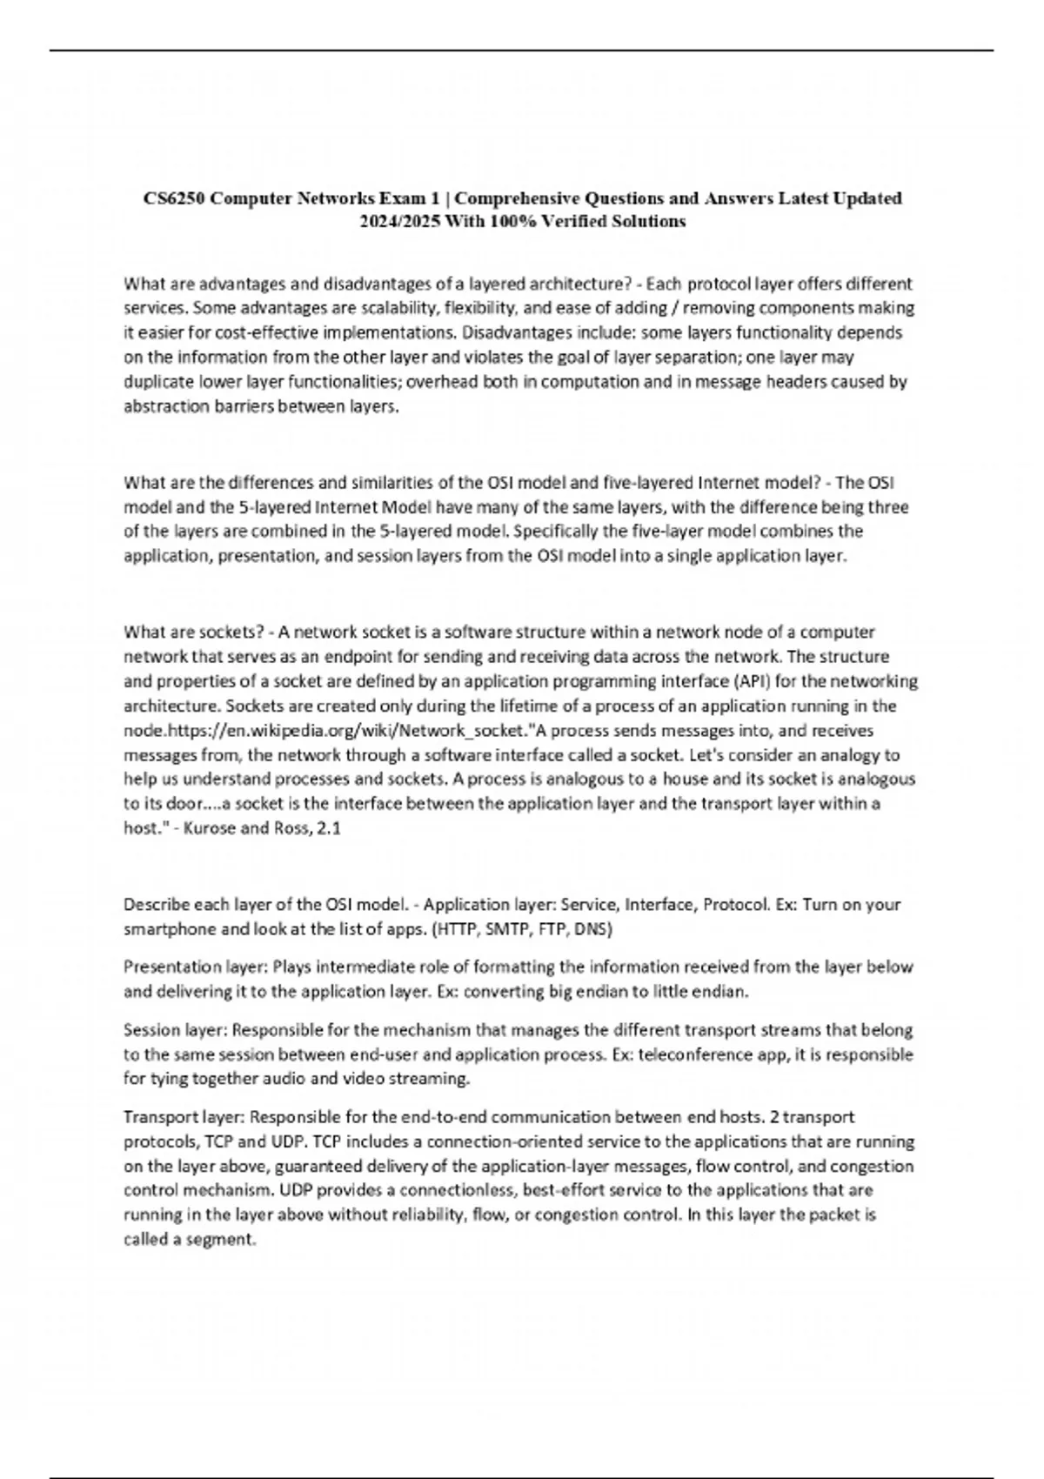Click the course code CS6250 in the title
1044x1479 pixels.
coord(174,198)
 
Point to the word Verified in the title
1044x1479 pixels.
coord(576,222)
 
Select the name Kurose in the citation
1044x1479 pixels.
coord(211,829)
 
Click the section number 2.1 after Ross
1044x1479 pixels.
coord(329,829)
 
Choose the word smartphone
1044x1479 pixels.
coord(170,929)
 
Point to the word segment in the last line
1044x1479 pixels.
coord(224,1240)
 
